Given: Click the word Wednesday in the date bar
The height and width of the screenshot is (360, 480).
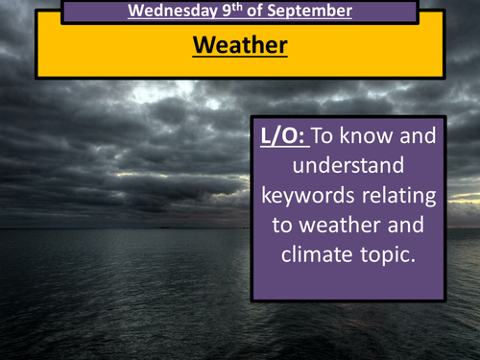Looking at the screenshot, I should point(168,12).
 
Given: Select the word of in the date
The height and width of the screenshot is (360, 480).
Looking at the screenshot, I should point(248,12).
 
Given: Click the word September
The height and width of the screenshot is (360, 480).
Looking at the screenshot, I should point(304,12).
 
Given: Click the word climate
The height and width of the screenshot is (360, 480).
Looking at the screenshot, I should point(319,255).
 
